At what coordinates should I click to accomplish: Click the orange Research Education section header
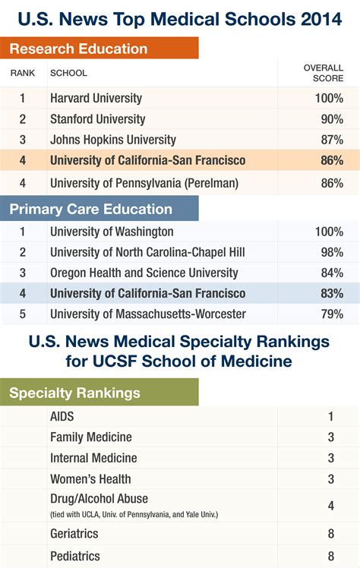[x=79, y=49]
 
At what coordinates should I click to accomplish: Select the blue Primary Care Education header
[x=90, y=209]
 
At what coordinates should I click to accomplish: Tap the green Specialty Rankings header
[x=74, y=393]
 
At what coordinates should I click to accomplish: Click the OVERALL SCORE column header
[x=324, y=73]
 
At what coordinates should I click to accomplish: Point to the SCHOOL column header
[x=68, y=74]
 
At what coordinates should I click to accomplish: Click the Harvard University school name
[x=96, y=99]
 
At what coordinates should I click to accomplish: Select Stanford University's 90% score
[x=331, y=119]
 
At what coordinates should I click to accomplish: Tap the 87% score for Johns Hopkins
[x=331, y=140]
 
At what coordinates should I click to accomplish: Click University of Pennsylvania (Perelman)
[x=144, y=183]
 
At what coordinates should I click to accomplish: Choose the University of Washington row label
[x=112, y=232]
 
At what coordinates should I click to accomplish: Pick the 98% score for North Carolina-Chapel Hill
[x=331, y=252]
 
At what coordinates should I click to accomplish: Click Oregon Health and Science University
[x=144, y=273]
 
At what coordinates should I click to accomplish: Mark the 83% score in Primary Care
[x=331, y=293]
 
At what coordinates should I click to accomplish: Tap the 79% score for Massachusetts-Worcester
[x=331, y=314]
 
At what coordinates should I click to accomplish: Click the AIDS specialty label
[x=62, y=416]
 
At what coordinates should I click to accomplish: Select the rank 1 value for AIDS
[x=331, y=416]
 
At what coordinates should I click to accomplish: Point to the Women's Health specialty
[x=90, y=478]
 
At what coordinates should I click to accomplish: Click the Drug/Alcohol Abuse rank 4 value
[x=331, y=506]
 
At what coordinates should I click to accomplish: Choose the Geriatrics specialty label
[x=74, y=534]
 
